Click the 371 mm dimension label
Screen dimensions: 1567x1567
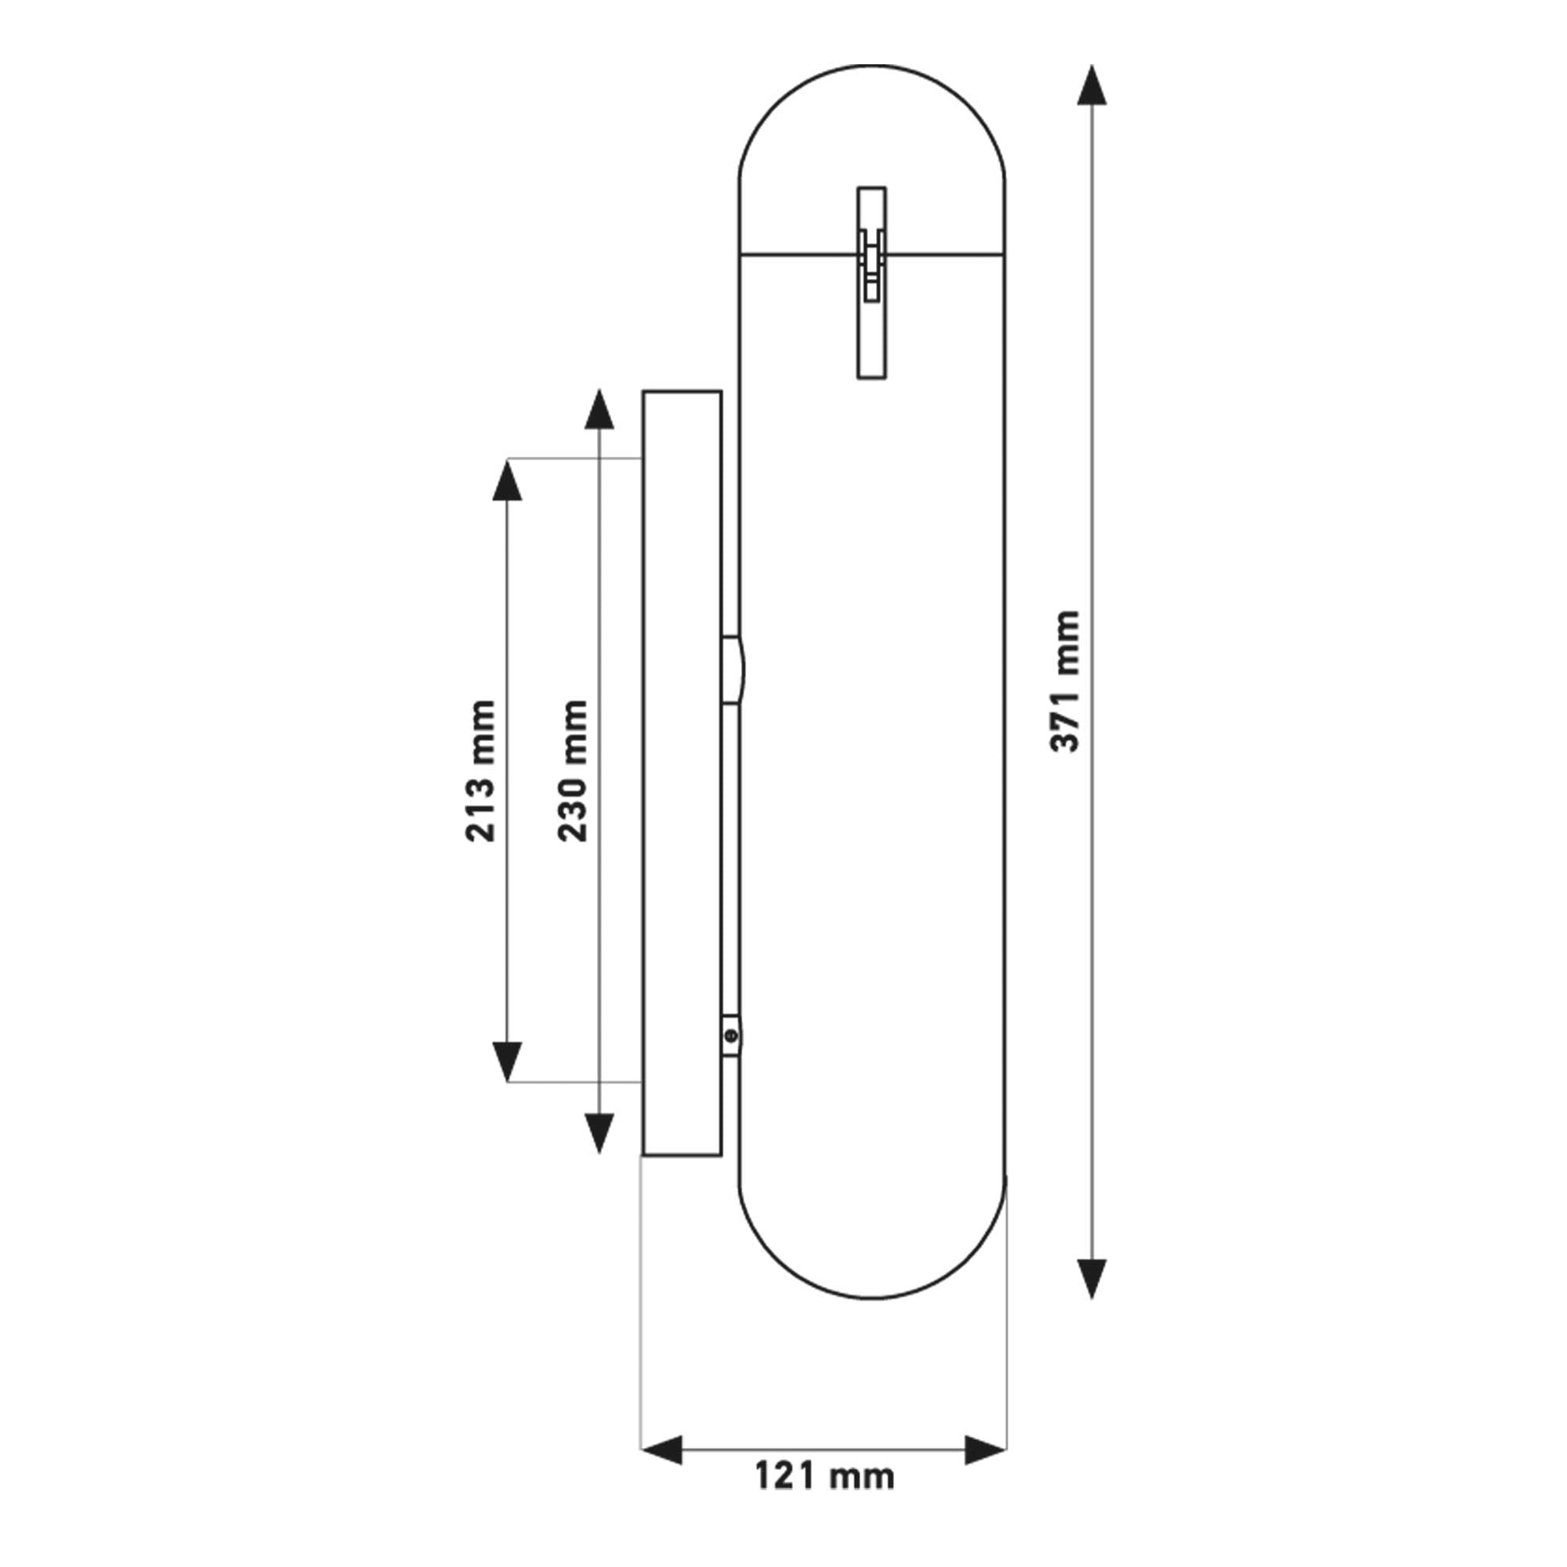click(x=1065, y=682)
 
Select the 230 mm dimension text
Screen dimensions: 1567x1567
click(x=573, y=769)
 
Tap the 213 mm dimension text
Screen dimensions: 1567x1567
click(x=480, y=769)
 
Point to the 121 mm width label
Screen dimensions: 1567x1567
click(x=824, y=1475)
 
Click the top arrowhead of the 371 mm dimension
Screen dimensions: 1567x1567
click(x=1091, y=85)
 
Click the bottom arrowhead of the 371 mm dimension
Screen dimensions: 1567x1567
click(x=1091, y=1280)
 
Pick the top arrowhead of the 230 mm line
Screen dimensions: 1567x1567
click(x=599, y=410)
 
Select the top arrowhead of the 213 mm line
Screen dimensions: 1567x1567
click(x=507, y=480)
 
